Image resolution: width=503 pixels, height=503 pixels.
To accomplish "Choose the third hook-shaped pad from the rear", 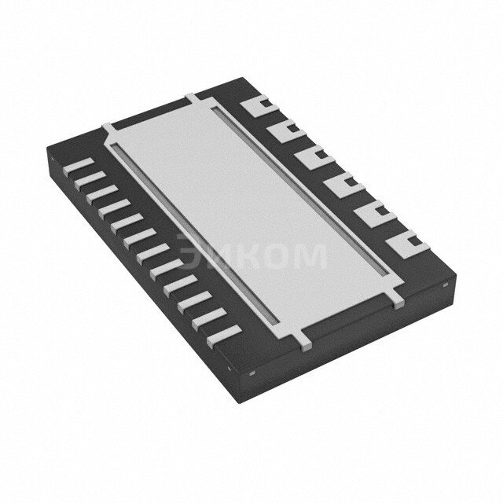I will click(314, 156).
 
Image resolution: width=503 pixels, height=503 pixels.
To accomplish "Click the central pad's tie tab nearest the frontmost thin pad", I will click(306, 340).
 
